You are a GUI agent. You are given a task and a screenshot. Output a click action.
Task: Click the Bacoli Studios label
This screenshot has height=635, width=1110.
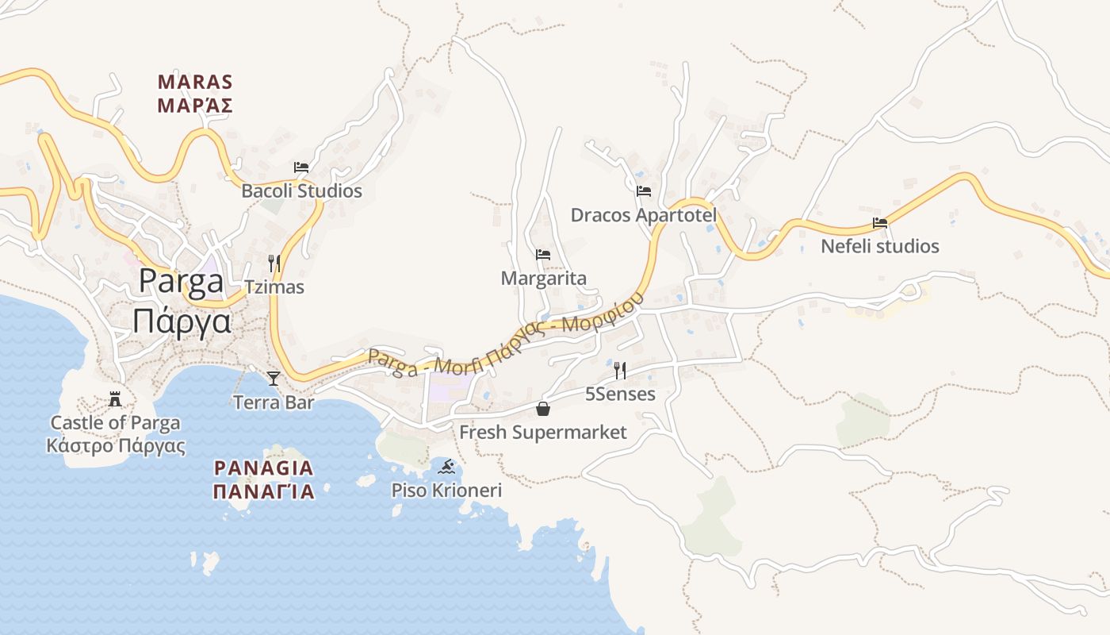(301, 191)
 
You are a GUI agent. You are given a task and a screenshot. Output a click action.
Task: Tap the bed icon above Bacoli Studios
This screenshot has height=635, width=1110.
(301, 167)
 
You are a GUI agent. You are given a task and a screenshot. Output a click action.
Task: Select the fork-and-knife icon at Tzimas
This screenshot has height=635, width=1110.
(274, 263)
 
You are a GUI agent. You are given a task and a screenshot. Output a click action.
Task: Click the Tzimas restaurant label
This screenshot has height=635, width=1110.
(274, 287)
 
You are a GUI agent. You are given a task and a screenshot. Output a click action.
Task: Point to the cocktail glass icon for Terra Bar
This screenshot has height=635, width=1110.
(274, 378)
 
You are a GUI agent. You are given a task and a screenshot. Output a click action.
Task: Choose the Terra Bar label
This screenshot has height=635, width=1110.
(274, 402)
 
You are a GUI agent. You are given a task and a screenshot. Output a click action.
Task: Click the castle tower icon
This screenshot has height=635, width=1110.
(116, 398)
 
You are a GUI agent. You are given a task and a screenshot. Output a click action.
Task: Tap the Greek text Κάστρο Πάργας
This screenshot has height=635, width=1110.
(116, 445)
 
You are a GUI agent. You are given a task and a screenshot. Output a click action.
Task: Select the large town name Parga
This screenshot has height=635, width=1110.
(182, 281)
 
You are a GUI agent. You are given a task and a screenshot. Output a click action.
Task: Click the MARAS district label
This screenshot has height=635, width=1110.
(195, 83)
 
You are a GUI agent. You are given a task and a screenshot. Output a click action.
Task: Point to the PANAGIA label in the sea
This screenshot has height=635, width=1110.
(264, 468)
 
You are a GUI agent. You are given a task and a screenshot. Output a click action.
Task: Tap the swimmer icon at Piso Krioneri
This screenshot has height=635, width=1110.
(446, 466)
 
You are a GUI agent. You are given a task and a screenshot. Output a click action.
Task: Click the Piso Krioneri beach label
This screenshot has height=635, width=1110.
(446, 491)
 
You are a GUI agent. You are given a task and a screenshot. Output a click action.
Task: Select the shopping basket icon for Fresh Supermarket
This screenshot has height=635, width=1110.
(543, 408)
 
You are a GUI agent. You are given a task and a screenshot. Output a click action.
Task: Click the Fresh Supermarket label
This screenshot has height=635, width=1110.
(543, 433)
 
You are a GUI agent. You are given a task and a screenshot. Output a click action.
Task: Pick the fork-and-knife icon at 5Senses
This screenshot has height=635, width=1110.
(620, 370)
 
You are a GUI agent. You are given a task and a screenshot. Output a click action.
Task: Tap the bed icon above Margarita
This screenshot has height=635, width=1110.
(543, 255)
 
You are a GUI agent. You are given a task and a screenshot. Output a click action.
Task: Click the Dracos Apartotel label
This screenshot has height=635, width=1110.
(643, 215)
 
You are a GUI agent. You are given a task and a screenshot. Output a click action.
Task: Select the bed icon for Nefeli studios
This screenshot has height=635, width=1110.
(880, 222)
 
